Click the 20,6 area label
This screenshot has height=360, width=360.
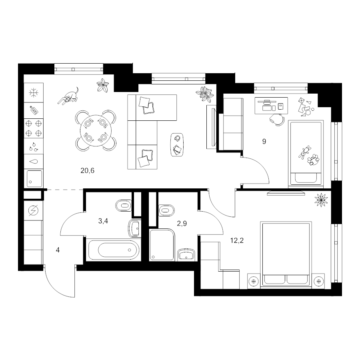[88, 170]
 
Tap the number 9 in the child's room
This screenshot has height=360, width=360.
[264, 142]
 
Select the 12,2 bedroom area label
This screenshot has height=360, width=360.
[237, 241]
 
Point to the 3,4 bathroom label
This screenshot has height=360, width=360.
[103, 221]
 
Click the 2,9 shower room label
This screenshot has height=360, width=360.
[182, 223]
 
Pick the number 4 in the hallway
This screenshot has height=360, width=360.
[58, 250]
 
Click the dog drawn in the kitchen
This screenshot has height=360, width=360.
[68, 96]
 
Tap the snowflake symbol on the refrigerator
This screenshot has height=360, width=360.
[34, 93]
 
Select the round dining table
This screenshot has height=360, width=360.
[96, 130]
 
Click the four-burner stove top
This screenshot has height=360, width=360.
[34, 128]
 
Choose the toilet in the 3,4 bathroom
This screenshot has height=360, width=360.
[124, 206]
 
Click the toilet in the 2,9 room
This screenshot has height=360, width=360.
[166, 210]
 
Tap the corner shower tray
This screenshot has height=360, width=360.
[162, 244]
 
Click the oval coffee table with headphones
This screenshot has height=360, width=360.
[177, 145]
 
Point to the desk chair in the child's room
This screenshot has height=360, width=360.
[277, 119]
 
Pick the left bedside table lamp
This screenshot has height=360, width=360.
[254, 281]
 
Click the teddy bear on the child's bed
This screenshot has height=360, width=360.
[304, 152]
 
